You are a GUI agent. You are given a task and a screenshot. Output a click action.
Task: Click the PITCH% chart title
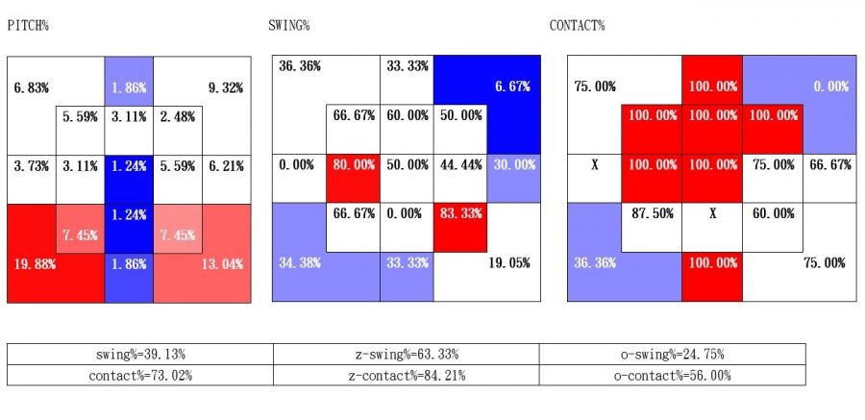click(28, 25)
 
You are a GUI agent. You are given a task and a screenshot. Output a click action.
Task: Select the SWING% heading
click(288, 25)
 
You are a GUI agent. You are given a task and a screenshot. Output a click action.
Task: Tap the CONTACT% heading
click(577, 25)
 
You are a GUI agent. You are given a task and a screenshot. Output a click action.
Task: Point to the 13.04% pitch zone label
click(223, 262)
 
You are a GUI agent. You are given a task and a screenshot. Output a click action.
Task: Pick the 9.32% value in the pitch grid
click(225, 87)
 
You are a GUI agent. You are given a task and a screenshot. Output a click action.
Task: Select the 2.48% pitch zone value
click(178, 117)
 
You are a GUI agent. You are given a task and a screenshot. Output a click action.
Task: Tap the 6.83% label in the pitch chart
click(31, 87)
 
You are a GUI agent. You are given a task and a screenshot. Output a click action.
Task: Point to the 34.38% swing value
click(299, 262)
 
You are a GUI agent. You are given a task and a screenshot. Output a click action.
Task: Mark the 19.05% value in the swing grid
click(509, 262)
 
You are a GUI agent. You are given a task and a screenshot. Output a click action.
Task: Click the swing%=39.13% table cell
click(140, 354)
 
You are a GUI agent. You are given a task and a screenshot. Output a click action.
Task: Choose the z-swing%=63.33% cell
click(406, 354)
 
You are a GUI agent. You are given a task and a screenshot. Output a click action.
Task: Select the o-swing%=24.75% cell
click(672, 354)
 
